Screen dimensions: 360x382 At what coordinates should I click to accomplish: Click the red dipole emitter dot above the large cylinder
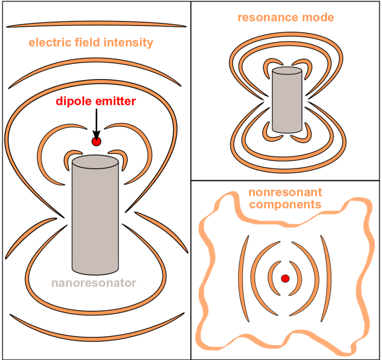pos(96,142)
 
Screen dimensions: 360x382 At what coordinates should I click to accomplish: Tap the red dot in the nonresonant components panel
pos(285,279)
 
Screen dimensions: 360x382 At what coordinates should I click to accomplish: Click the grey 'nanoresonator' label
pos(94,283)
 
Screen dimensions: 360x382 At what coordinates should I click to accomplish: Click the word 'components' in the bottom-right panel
pos(285,204)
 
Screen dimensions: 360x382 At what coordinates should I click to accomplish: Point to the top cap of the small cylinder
pos(286,70)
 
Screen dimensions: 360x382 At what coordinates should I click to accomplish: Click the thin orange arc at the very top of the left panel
pos(96,25)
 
